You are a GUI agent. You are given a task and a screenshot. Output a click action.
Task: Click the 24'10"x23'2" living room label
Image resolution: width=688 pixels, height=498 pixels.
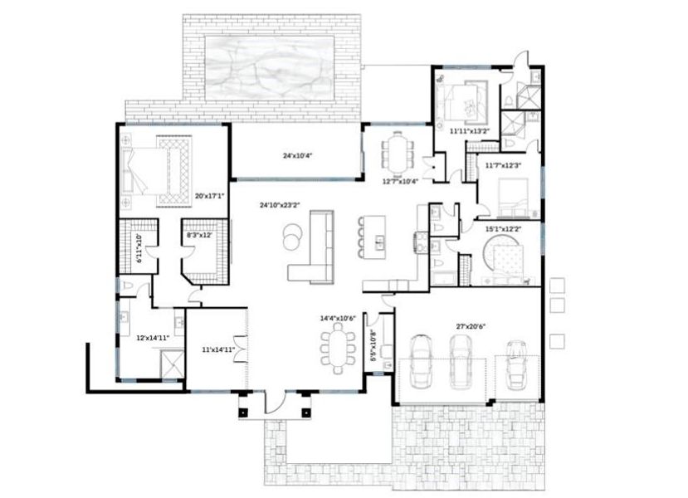pos(278,204)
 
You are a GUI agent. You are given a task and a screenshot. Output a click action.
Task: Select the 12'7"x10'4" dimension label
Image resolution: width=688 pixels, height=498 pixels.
pos(400,181)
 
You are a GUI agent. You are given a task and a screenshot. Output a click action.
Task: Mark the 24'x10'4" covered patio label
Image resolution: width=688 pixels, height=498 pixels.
pos(297,155)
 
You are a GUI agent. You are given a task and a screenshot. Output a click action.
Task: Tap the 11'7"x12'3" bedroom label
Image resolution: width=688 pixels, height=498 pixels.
pos(504,165)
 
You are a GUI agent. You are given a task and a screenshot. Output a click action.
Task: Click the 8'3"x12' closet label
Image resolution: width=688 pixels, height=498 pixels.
pos(201,236)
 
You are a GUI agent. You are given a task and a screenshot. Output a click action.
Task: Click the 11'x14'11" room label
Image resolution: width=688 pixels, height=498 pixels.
pos(217,350)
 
